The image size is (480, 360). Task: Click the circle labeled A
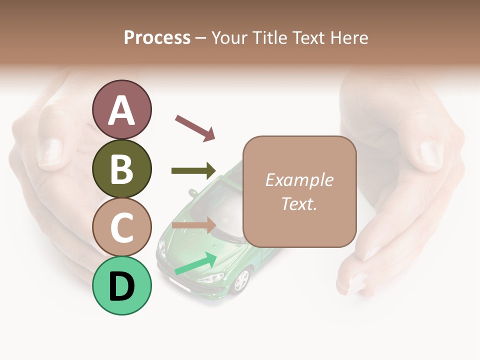[x=121, y=109]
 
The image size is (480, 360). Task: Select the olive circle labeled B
[x=121, y=168]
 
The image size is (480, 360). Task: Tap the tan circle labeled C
[x=121, y=227]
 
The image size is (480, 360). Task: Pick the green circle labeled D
[x=121, y=285]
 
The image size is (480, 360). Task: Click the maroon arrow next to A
[x=195, y=127]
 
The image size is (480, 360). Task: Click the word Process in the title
[x=157, y=37]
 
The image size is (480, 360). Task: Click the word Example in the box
[x=299, y=180]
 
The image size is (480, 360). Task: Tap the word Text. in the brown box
[x=299, y=203]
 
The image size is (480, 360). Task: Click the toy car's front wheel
[x=242, y=280]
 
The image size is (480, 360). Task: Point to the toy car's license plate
[x=178, y=286]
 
